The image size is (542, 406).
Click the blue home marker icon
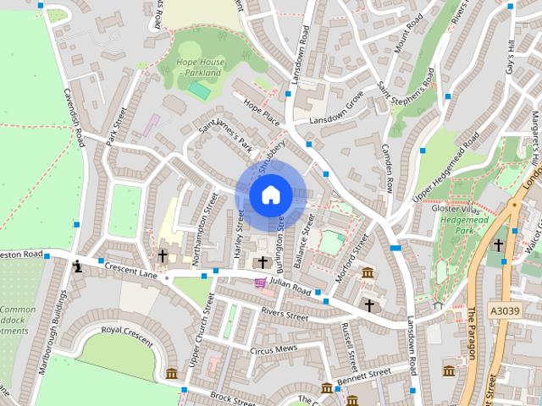pyautogui.click(x=270, y=195)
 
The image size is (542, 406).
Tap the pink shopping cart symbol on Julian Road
pyautogui.click(x=260, y=283)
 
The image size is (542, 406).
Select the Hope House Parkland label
pyautogui.click(x=200, y=67)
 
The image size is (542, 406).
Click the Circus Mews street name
pyautogui.click(x=272, y=348)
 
